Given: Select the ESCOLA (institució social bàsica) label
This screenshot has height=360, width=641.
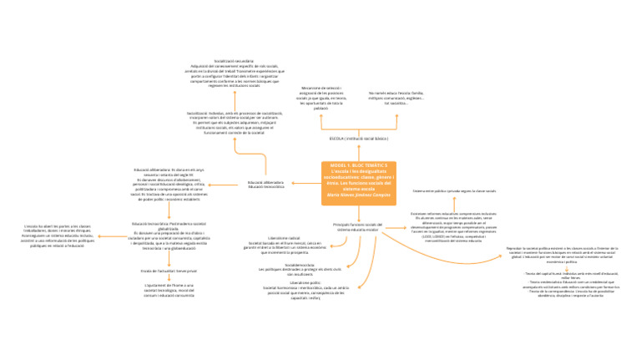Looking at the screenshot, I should [x=358, y=138].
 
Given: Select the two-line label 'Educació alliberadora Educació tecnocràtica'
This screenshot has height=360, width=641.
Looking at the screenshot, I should [x=266, y=184].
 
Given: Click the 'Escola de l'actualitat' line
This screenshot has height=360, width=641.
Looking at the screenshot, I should [x=168, y=271].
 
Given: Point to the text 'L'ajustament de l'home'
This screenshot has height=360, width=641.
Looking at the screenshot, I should [x=168, y=290].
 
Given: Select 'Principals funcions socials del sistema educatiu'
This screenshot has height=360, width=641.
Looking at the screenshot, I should [x=356, y=226].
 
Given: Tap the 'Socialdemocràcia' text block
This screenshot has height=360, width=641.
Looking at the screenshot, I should [x=298, y=267].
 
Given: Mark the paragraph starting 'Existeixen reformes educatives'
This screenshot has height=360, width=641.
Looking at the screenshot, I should [x=453, y=223].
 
